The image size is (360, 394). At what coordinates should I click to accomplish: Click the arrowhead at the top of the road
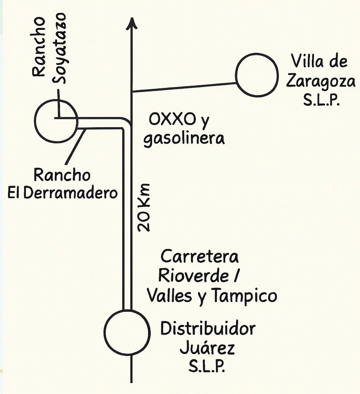pos(131,22)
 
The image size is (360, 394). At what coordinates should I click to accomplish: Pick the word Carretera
pos(199,257)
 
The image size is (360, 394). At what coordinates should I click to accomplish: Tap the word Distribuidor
pos(208,330)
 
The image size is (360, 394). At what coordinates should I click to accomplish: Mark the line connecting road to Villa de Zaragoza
pos(184,87)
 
